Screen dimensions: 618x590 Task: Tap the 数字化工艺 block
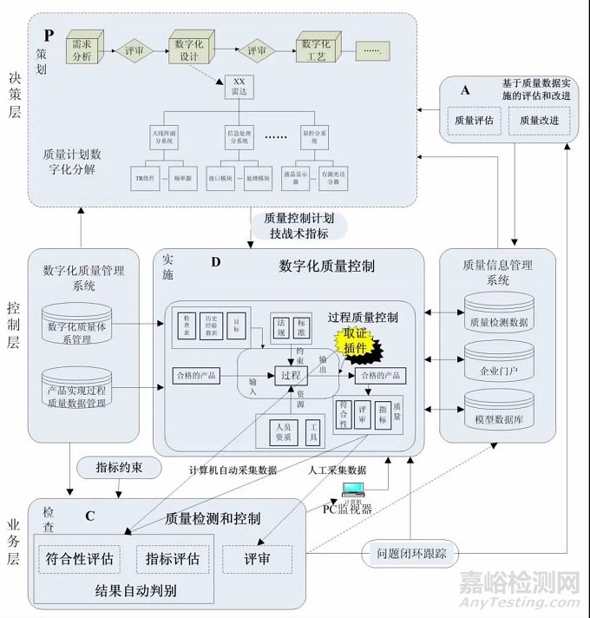click(x=318, y=49)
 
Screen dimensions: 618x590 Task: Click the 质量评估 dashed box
click(x=474, y=121)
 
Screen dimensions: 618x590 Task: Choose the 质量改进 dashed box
click(x=540, y=121)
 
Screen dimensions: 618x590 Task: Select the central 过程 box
click(x=290, y=375)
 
